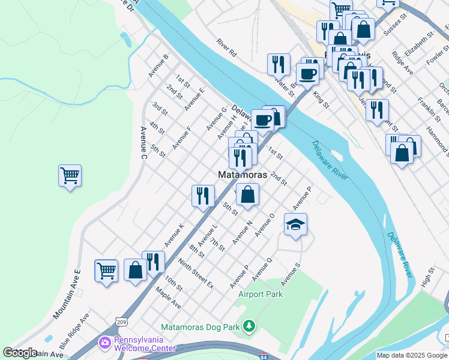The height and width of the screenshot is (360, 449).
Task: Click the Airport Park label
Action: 260,294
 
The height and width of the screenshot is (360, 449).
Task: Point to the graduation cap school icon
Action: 295,225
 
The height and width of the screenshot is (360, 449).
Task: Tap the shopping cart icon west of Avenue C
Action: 70,176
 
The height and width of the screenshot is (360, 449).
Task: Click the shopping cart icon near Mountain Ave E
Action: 106,270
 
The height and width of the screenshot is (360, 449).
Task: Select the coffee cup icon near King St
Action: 308,74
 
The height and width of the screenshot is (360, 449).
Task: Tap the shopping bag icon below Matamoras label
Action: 247,194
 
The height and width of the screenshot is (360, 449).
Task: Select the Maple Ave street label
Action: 167,297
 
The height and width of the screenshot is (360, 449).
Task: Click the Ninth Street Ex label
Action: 196,272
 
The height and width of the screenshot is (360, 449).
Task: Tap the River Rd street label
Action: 228,48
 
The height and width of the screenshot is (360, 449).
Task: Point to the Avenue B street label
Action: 158,66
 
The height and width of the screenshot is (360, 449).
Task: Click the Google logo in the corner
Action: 20,352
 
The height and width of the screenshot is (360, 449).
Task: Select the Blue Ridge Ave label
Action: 74,326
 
